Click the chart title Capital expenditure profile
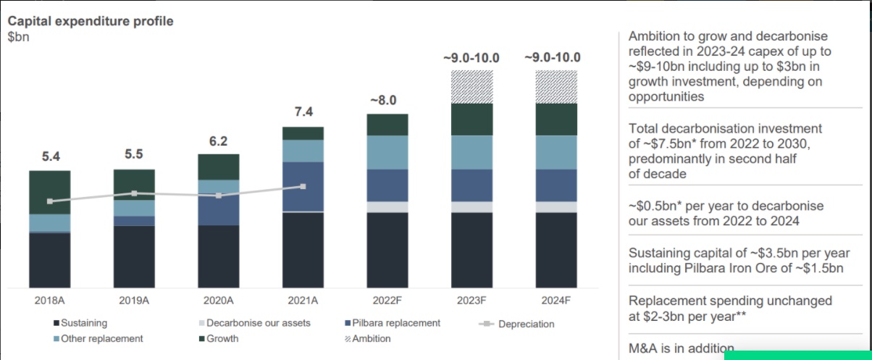[x=91, y=21]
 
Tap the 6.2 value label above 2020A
[x=218, y=141]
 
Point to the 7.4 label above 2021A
[x=303, y=112]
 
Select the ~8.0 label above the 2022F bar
[x=387, y=100]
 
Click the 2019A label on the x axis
[x=134, y=300]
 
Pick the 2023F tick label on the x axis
[x=471, y=300]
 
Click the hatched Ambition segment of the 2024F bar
[x=556, y=86]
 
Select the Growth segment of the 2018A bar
[x=50, y=192]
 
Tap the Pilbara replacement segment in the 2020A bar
[x=218, y=210]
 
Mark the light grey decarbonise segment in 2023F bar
[x=471, y=206]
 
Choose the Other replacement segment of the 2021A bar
[x=303, y=151]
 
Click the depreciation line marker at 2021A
[x=303, y=186]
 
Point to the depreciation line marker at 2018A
[x=50, y=201]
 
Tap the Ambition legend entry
[x=371, y=338]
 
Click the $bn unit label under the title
[x=18, y=37]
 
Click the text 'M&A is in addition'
[x=681, y=348]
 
